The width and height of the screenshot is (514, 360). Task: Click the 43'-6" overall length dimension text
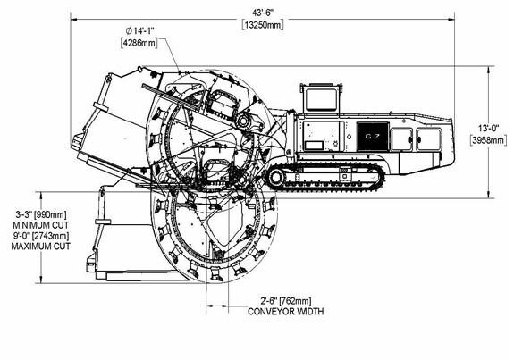tap(263, 13)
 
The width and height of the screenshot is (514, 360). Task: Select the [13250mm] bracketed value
tap(263, 25)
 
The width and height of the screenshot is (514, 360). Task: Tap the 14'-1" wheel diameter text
tap(144, 31)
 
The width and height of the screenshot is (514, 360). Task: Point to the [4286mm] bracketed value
tap(139, 43)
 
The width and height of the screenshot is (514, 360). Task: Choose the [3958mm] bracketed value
tap(488, 140)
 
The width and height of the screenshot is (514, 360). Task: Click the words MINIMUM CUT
tap(41, 225)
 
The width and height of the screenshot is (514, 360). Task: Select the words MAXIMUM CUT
tap(41, 247)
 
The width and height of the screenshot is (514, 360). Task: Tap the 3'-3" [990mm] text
tap(41, 215)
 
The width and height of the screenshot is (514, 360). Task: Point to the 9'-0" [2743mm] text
tap(41, 236)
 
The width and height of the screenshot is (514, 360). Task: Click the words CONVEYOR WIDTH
tap(285, 311)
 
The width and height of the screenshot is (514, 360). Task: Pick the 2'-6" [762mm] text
tap(286, 300)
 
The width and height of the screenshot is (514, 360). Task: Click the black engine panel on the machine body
tap(373, 137)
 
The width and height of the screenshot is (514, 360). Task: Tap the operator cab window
tap(321, 99)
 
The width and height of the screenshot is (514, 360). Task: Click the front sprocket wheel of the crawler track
tap(276, 177)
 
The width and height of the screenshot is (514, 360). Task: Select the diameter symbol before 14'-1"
tap(129, 31)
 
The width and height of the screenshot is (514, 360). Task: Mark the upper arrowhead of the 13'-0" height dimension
tap(489, 69)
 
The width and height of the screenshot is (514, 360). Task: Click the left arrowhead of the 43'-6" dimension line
tap(74, 20)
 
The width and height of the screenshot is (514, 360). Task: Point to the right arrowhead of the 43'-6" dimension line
tap(451, 20)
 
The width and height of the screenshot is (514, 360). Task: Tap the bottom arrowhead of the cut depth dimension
tap(41, 280)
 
